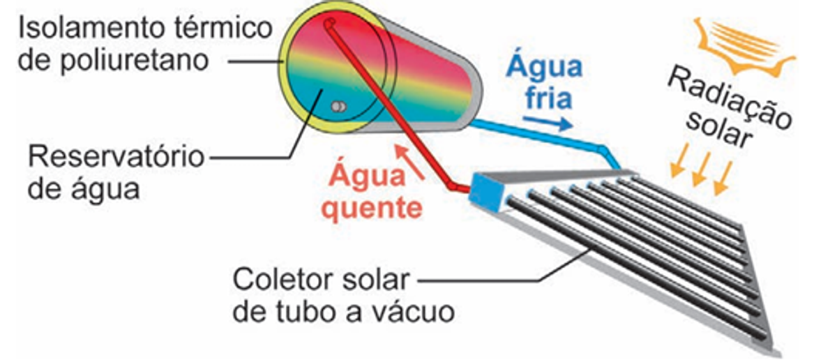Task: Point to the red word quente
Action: tap(376, 207)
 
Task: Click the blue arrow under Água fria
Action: tap(548, 123)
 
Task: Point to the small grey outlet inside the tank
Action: tap(338, 107)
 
